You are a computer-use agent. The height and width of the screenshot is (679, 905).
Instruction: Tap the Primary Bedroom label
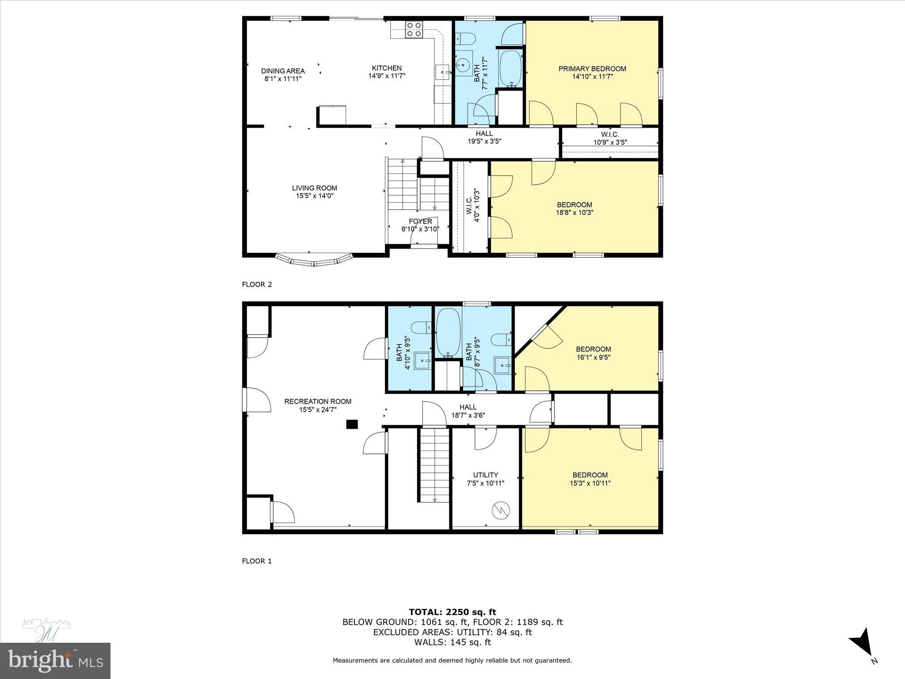point(592,69)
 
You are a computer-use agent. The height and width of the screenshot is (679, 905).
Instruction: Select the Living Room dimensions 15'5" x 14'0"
point(314,196)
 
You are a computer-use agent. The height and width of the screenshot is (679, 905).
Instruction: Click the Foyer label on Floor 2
point(420,221)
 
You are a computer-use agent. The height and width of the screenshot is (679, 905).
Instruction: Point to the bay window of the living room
point(314,259)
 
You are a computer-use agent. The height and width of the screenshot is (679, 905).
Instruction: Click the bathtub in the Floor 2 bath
point(511,69)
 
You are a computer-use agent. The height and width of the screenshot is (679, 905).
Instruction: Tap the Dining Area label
point(283,71)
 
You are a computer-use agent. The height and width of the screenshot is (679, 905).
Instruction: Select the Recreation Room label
point(318,401)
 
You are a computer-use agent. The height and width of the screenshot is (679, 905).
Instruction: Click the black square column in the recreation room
point(352,424)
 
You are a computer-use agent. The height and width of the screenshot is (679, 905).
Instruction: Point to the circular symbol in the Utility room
point(501,511)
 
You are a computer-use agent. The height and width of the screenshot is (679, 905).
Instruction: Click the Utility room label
point(485,475)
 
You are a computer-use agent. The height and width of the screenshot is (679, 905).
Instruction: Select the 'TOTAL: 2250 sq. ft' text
point(452,612)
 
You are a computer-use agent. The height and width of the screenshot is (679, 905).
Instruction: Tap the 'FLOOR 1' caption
point(257,561)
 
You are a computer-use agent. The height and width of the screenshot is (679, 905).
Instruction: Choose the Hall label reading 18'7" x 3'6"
point(468,407)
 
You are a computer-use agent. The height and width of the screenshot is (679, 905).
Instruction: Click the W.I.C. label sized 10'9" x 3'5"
point(610,134)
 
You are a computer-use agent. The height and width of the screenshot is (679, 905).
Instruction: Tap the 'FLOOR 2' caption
point(257,284)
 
